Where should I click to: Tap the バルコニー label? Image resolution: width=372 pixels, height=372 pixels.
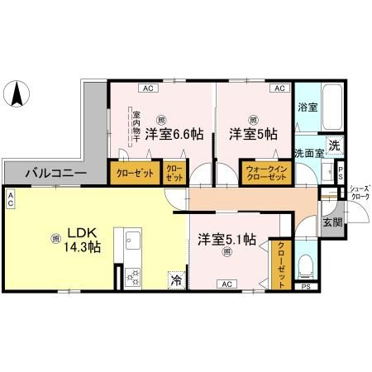(53, 174)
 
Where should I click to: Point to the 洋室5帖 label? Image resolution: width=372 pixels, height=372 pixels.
(253, 132)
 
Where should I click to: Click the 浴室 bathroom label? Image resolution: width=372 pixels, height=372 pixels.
(307, 107)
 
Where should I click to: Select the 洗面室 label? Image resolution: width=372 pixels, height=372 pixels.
(309, 154)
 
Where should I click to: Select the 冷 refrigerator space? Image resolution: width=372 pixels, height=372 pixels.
(176, 280)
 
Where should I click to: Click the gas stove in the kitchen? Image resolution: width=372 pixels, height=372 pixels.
(132, 279)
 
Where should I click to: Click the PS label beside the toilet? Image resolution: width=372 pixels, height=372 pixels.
(306, 287)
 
